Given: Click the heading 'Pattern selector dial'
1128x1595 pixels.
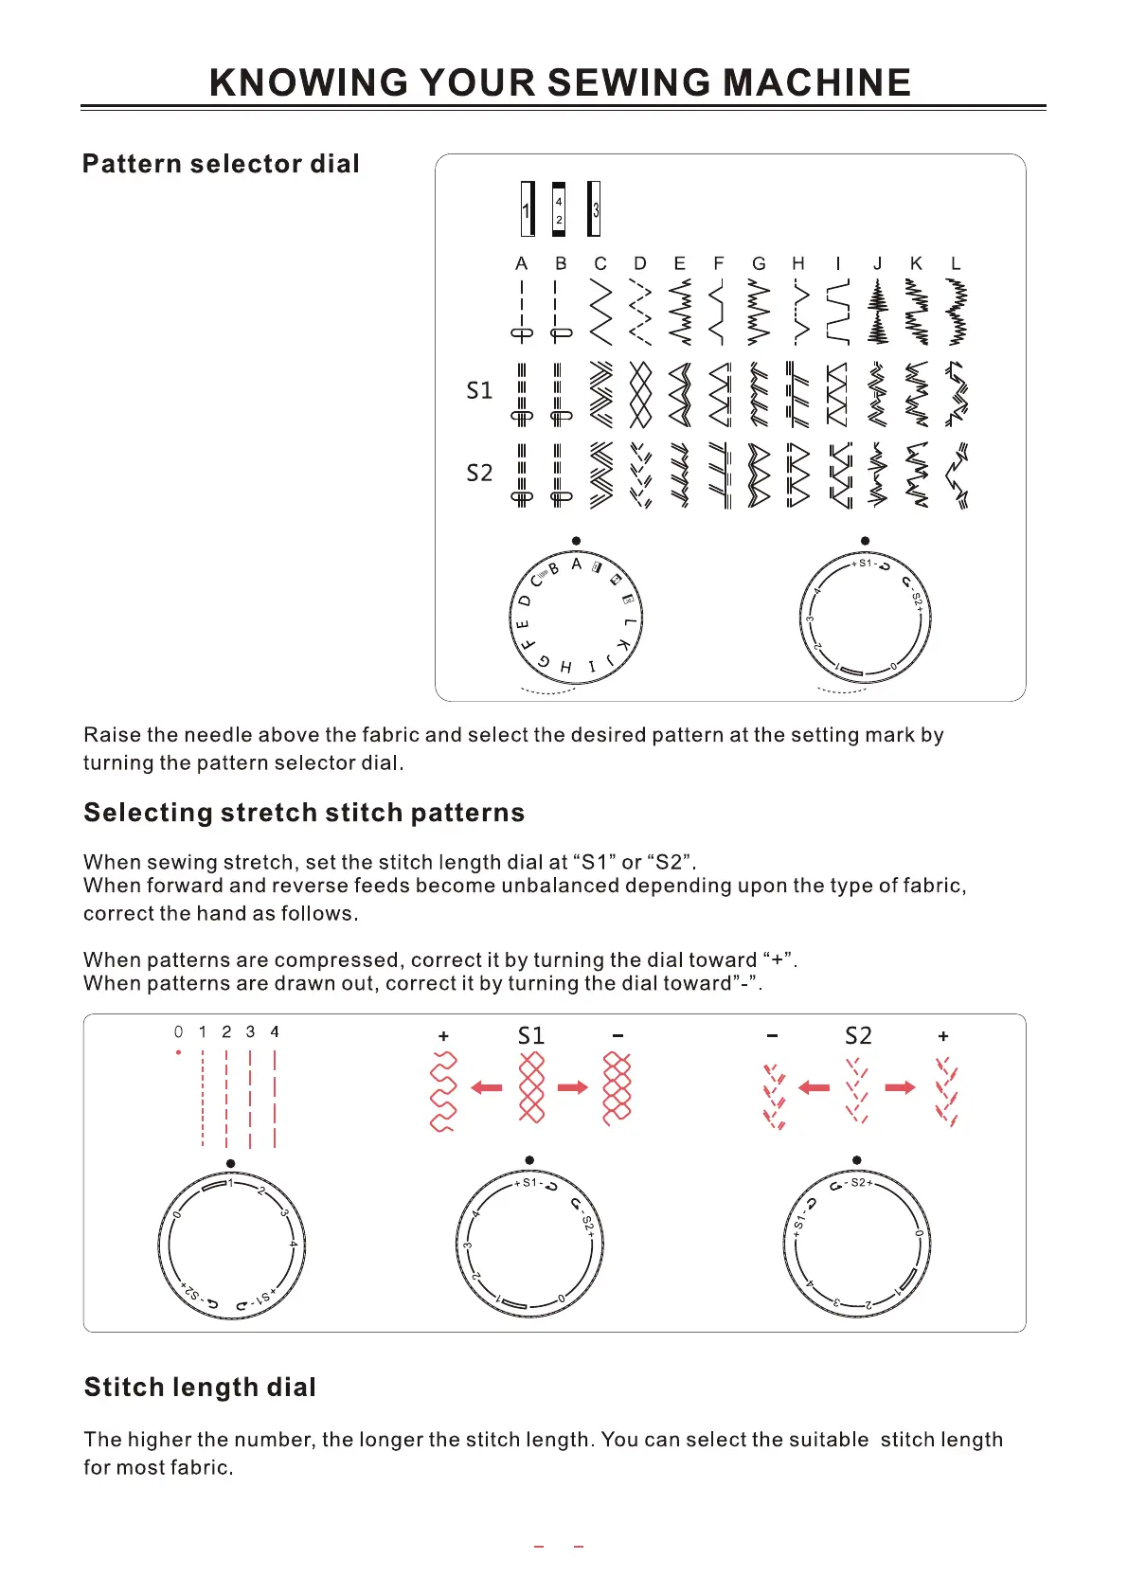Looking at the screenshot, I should point(221,164).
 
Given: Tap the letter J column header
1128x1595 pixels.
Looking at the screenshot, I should point(877,263).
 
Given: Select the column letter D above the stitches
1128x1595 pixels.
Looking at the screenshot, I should point(640,263).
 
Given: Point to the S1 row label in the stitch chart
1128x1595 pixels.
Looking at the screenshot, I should point(479,390).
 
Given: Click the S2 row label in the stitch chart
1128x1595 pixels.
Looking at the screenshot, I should point(479,473).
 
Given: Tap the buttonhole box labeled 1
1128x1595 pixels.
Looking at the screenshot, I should point(527,209).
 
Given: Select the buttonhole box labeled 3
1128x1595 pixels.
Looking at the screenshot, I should point(594,209).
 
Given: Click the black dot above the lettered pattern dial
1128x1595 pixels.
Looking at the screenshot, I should point(576,541).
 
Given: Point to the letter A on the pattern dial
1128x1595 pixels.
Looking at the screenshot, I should point(576,565).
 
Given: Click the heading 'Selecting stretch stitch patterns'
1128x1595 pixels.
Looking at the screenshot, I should point(304,813).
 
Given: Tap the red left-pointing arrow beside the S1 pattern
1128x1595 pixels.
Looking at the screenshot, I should point(487,1087).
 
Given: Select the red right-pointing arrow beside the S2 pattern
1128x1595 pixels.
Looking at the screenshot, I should point(900,1087).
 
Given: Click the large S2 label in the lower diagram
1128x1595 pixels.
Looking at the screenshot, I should point(858,1035).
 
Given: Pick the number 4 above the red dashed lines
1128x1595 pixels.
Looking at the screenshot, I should point(275,1031).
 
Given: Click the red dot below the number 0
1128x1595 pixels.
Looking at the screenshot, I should point(178,1052).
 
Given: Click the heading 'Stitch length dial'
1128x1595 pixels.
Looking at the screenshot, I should point(200,1388).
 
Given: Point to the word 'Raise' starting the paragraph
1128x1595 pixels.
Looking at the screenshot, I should point(112,735).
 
